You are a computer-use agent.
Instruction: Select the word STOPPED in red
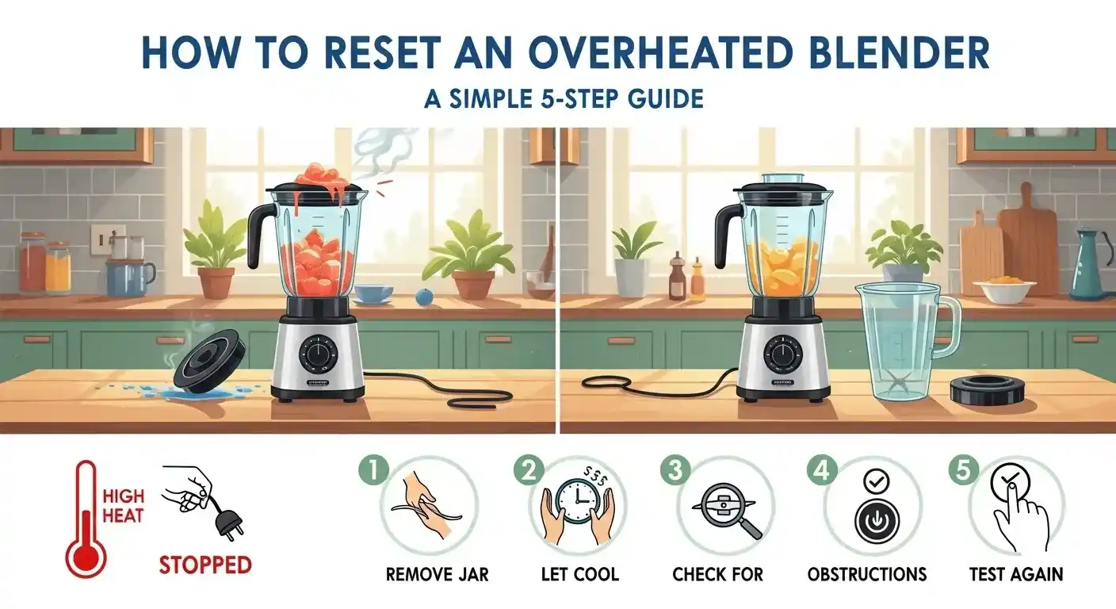point(205,565)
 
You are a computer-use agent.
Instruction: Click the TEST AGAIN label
point(1016,574)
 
